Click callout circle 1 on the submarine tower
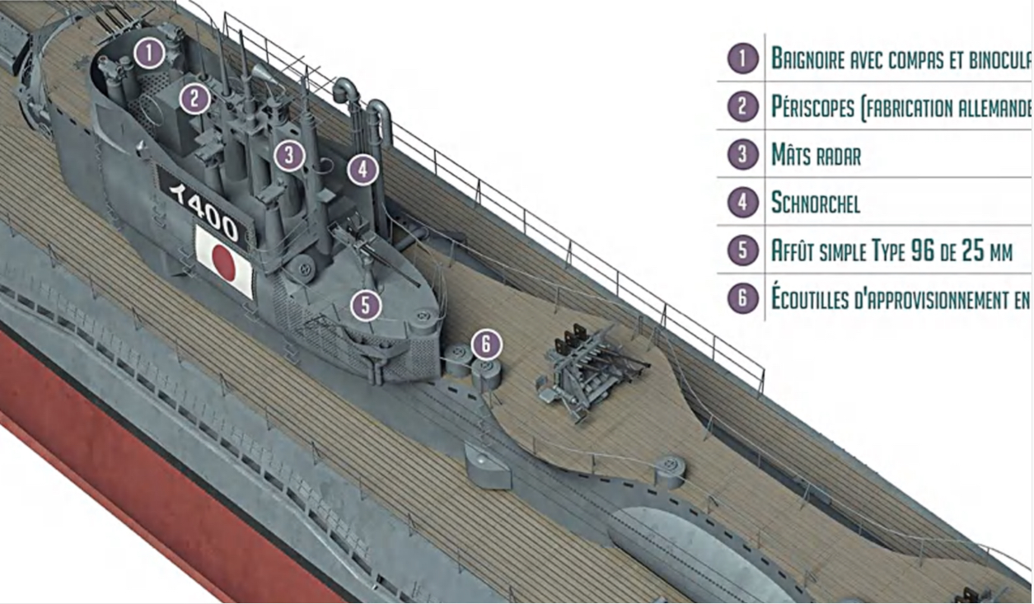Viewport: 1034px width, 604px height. (148, 54)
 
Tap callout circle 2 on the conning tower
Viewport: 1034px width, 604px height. (194, 99)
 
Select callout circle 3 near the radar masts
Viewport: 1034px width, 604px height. (288, 155)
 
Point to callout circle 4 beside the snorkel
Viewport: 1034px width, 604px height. (363, 171)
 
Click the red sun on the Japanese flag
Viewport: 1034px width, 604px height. (223, 260)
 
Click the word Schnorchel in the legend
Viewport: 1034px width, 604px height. (815, 203)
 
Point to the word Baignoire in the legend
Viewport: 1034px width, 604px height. (811, 59)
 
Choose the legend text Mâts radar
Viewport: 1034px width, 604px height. (816, 155)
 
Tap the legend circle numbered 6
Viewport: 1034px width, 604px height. (742, 298)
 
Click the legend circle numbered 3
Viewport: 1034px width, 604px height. (742, 155)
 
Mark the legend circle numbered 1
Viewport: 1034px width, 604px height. (742, 59)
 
